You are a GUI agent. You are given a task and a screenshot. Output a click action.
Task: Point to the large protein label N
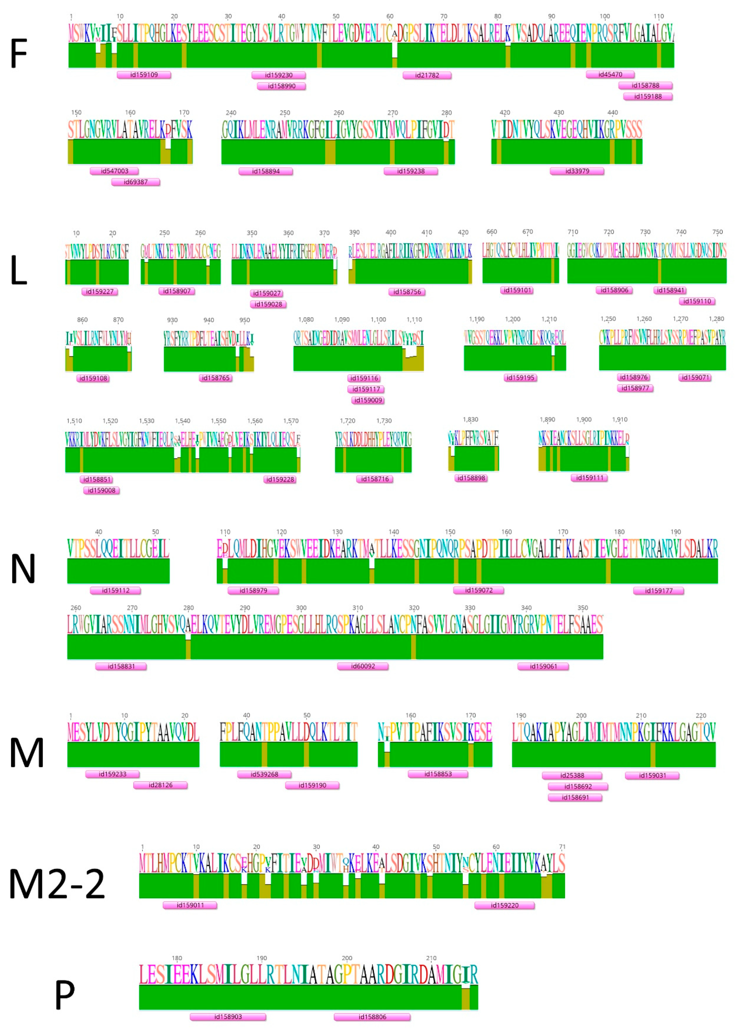(x=23, y=569)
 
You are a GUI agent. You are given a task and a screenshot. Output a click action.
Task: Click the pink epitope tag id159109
(x=144, y=75)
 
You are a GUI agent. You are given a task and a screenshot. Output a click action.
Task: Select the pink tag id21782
(x=427, y=75)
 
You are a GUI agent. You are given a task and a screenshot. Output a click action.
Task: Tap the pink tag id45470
(x=610, y=74)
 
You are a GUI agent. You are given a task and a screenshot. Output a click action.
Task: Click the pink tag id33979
(x=577, y=171)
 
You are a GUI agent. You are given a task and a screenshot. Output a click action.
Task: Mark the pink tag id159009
(x=368, y=400)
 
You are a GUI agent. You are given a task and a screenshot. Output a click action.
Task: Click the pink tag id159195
(x=520, y=377)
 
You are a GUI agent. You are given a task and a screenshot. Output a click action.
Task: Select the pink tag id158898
(x=471, y=478)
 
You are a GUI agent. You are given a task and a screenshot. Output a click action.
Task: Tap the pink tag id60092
(x=363, y=666)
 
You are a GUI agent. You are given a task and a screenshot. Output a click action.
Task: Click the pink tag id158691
(x=575, y=797)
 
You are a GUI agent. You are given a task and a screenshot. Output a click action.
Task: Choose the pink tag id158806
(x=372, y=1017)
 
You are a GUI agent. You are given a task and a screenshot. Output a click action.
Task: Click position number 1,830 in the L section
(x=470, y=420)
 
